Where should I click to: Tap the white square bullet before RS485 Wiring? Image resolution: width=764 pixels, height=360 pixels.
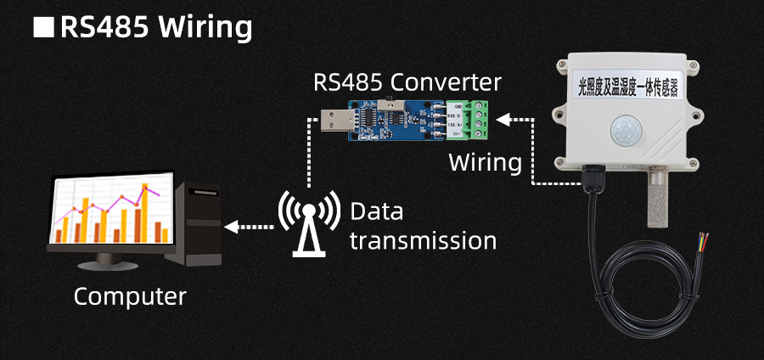click(42, 27)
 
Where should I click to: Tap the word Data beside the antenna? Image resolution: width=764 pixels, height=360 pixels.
click(376, 211)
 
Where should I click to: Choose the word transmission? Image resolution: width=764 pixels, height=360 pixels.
click(423, 240)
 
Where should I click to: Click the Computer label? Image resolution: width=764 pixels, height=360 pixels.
click(129, 296)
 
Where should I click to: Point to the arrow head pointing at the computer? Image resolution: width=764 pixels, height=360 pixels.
click(230, 226)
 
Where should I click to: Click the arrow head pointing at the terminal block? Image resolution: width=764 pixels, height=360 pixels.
click(502, 120)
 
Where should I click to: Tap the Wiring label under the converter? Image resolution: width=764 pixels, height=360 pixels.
click(484, 162)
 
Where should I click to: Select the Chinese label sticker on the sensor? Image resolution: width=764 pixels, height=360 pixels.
click(628, 86)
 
